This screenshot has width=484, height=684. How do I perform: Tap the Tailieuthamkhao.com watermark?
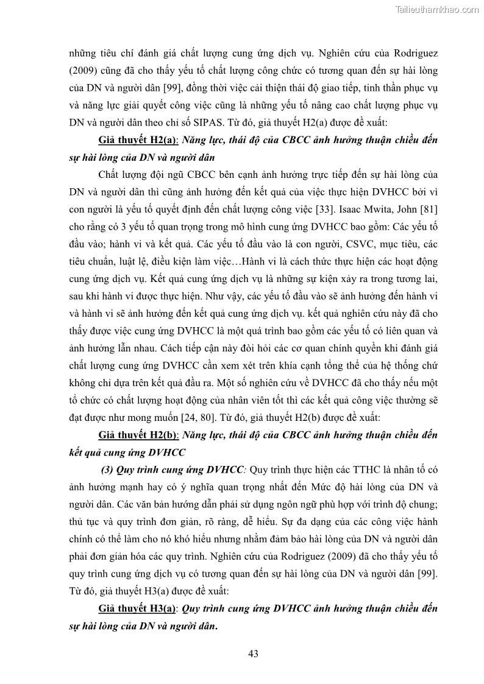point(438,9)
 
